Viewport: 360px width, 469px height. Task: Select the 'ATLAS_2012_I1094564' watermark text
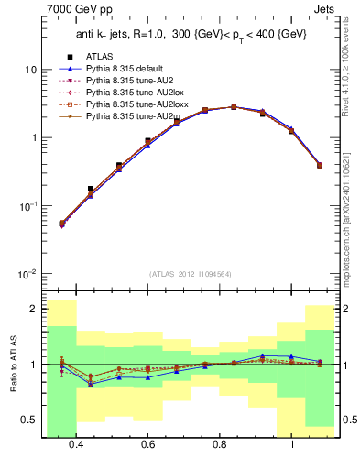click(x=189, y=274)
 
